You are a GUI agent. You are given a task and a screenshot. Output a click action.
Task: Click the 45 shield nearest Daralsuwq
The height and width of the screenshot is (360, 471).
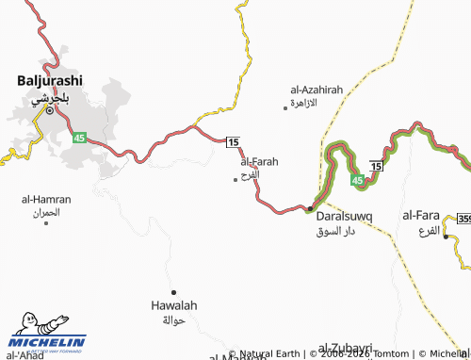pos(357,179)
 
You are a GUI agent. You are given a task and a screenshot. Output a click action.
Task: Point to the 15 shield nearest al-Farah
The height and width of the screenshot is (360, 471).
pos(232,140)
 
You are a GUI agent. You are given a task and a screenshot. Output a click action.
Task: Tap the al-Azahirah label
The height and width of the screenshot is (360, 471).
pos(309,90)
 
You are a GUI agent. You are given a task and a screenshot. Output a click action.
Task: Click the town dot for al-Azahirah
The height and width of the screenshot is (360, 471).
pos(285,108)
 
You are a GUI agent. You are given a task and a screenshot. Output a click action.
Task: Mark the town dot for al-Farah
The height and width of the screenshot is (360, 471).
pos(235,178)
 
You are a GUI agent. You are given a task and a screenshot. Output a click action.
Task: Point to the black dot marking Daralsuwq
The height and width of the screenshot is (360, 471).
pos(310,207)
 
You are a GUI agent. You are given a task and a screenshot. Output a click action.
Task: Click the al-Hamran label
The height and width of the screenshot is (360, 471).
pos(41,200)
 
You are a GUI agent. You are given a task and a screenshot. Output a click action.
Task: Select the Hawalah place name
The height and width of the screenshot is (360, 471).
pos(174,305)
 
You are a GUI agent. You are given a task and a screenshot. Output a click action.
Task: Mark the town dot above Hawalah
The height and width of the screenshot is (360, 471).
pos(173,291)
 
